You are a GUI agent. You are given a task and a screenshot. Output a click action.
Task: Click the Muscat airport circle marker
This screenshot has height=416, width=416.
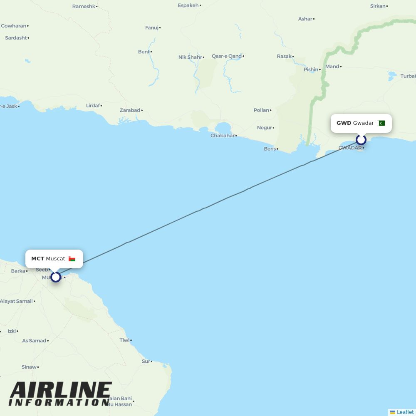tap(55, 277)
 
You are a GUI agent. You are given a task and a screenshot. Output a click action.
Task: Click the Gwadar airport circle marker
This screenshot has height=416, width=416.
tap(361, 139)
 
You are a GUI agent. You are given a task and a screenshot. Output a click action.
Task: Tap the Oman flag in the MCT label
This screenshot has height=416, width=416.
tap(72, 259)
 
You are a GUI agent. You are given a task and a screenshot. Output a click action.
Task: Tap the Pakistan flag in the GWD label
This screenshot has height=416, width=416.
tap(381, 123)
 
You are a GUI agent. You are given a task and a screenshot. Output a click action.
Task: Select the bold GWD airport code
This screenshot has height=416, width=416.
tap(344, 123)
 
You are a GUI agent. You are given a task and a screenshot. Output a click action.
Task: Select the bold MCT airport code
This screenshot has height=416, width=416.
tap(37, 259)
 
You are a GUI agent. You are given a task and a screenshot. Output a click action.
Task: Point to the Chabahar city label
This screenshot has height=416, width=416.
tap(223, 136)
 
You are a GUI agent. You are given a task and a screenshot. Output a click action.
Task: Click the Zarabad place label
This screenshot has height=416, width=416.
tap(130, 110)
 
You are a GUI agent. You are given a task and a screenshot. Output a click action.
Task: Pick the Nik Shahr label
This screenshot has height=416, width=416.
tap(190, 57)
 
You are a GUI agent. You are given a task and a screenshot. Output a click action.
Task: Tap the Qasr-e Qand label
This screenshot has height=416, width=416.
tap(226, 56)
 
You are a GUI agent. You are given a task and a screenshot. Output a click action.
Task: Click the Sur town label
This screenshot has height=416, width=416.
tap(146, 361)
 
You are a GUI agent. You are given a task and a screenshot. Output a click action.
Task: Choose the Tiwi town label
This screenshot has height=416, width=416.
tap(124, 340)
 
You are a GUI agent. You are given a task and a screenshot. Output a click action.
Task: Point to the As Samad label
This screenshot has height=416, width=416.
tap(34, 341)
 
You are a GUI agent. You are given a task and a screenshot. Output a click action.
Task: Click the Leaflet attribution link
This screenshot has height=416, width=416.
tap(405, 412)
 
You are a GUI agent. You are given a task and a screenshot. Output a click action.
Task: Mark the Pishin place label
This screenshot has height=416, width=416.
tap(311, 69)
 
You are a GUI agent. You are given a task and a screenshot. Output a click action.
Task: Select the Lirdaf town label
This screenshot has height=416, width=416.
tap(93, 106)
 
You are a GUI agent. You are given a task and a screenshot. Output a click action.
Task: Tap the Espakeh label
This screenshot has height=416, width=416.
tap(188, 5)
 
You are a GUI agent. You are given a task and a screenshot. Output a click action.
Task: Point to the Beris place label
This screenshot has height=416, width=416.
tap(270, 149)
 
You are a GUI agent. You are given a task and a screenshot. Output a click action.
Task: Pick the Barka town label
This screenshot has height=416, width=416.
tap(18, 271)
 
